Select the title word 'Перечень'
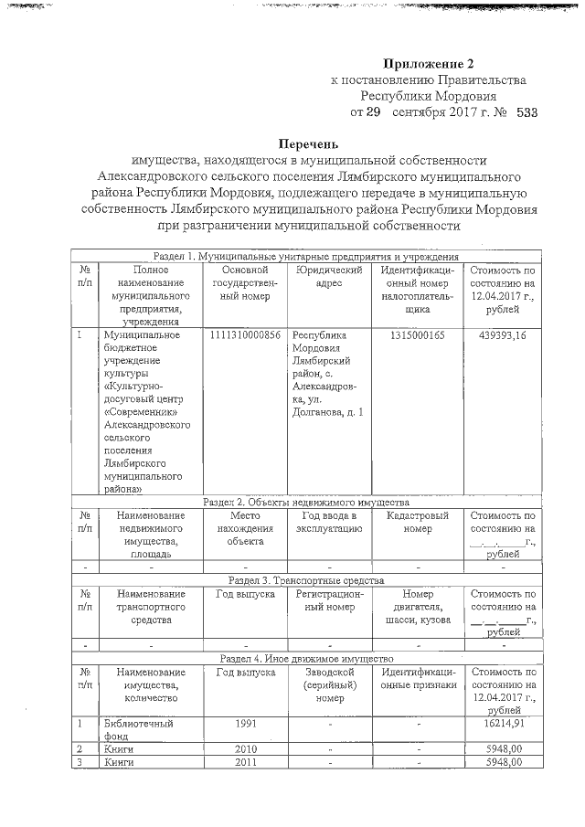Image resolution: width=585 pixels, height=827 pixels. click(x=309, y=143)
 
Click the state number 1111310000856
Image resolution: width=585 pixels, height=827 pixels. click(x=245, y=335)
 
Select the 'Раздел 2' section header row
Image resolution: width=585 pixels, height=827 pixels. click(x=305, y=502)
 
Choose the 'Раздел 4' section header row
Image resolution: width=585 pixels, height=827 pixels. click(x=305, y=658)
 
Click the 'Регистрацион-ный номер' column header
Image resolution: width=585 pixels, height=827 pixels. click(x=330, y=600)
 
